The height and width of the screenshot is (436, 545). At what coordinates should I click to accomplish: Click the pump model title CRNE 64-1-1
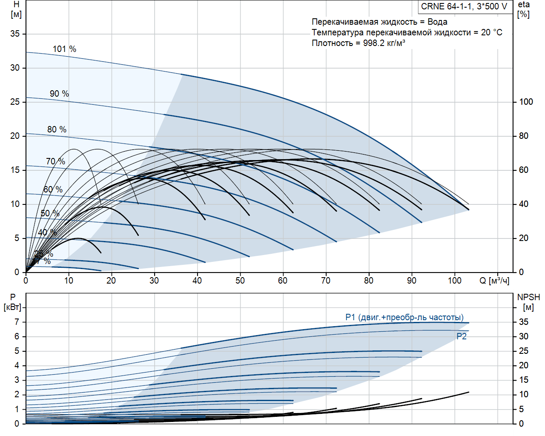[x=464, y=6]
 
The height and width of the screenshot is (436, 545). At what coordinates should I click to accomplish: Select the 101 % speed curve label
[x=64, y=49]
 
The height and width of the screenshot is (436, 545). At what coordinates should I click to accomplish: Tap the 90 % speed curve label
[x=59, y=94]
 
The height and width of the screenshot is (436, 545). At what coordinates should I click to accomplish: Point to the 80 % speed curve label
[x=57, y=129]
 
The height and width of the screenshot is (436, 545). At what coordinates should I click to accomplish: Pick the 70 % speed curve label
[x=55, y=161]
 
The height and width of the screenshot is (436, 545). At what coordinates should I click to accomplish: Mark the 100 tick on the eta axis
[x=526, y=102]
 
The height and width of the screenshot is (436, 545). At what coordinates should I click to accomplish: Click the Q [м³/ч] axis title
[x=494, y=281]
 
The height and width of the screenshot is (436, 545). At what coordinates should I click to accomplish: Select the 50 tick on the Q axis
[x=240, y=281]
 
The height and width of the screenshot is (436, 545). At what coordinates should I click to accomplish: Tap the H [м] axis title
[x=16, y=9]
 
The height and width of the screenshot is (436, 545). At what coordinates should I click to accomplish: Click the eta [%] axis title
[x=524, y=9]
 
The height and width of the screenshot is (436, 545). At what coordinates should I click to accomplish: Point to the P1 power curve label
[x=404, y=317]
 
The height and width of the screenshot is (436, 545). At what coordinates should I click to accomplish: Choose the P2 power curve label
[x=462, y=336]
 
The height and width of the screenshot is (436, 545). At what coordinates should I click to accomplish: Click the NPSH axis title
[x=528, y=302]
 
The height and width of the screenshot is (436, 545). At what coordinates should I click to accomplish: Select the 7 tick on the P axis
[x=17, y=322]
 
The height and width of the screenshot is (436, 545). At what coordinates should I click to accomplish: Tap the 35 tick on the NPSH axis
[x=524, y=322]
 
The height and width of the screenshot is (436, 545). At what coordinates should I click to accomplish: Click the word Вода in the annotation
[x=437, y=22]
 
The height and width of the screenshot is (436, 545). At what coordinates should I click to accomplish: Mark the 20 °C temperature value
[x=491, y=32]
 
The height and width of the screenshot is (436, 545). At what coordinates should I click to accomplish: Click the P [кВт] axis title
[x=13, y=302]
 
